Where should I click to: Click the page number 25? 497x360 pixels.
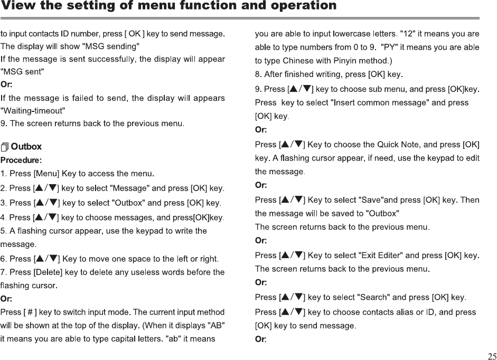coord(492,355)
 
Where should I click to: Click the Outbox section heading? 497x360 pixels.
coord(26,146)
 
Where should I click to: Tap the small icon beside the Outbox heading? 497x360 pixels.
coord(5,146)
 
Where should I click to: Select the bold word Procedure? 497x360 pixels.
coord(21,159)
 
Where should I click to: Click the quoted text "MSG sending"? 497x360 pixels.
coord(111,45)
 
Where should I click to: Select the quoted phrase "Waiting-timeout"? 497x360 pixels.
coord(33,110)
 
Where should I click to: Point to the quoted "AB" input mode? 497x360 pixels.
coord(216,324)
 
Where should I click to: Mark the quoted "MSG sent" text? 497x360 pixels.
coord(23,71)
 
